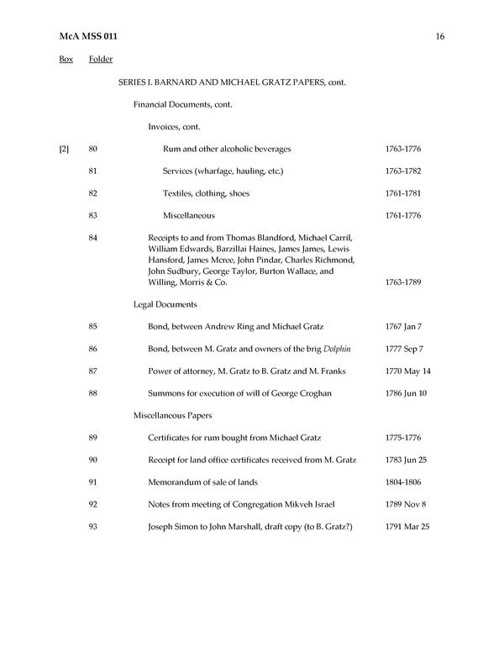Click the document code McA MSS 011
coord(87,36)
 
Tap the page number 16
coord(440,36)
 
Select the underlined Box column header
coord(66,59)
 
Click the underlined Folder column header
coord(101,59)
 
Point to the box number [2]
coord(64,150)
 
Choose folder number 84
coord(93,238)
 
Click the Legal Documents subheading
coord(165,304)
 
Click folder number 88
coord(93,392)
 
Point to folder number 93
coord(93,526)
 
